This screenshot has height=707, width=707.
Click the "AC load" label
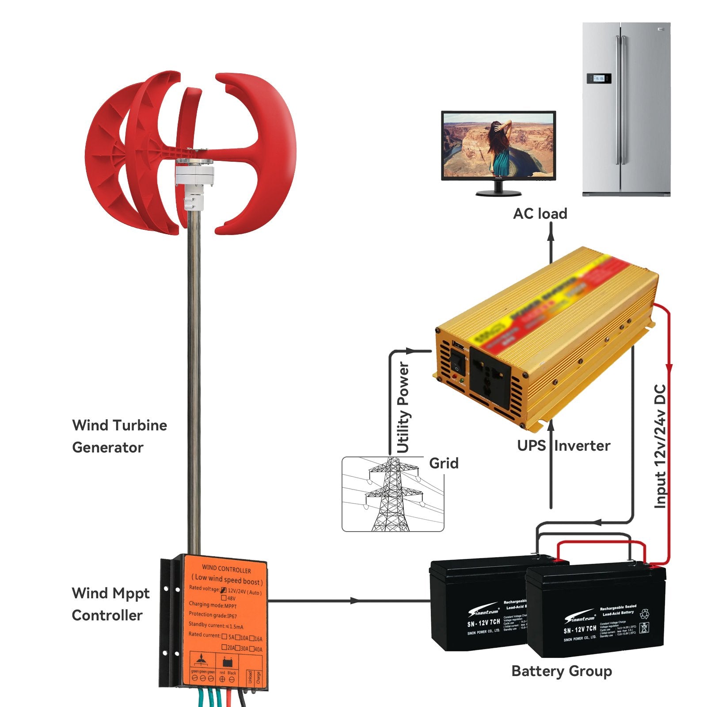(x=540, y=214)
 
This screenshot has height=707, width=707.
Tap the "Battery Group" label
(x=561, y=671)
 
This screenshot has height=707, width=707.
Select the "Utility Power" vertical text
(x=403, y=407)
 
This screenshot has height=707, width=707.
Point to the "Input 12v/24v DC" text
(x=660, y=446)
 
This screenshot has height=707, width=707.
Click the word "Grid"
(x=444, y=463)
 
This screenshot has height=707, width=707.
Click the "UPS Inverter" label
(x=563, y=445)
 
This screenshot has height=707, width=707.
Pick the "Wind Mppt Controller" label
(x=110, y=604)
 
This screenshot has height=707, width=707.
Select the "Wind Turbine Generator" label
(x=119, y=436)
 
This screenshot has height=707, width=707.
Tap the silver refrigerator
(x=626, y=109)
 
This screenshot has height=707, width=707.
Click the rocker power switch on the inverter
(x=458, y=364)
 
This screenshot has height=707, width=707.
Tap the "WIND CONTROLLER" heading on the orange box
(x=226, y=570)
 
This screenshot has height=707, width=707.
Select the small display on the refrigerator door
(x=599, y=79)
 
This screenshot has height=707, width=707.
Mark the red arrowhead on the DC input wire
(x=669, y=368)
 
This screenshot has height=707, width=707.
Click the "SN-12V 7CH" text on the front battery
(x=580, y=629)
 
